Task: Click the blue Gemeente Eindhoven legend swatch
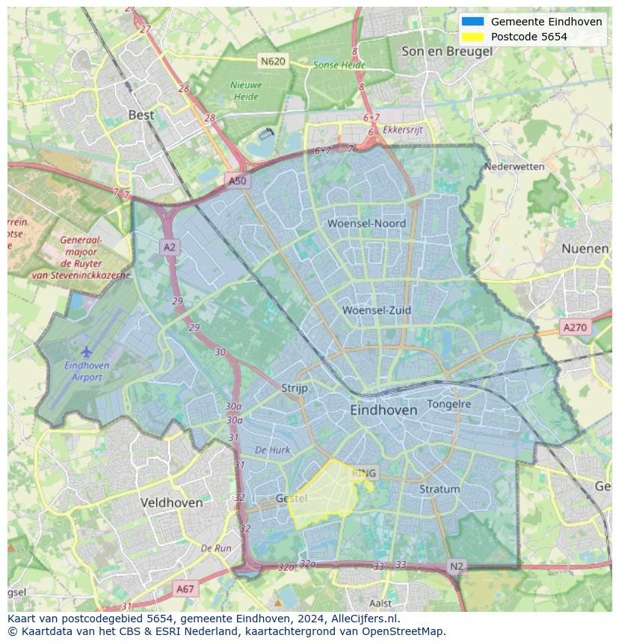click(x=473, y=22)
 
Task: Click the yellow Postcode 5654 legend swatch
click(x=473, y=37)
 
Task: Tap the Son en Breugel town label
click(x=446, y=52)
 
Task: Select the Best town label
click(x=141, y=115)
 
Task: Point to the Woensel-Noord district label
click(x=366, y=224)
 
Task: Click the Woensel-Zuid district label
click(x=377, y=310)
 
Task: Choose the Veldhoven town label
click(x=171, y=503)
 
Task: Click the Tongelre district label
click(x=449, y=404)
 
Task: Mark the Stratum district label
click(x=440, y=489)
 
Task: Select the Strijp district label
click(x=295, y=388)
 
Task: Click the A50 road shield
click(x=236, y=181)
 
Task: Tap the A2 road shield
click(x=170, y=247)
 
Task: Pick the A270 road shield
click(x=575, y=327)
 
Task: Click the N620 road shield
click(x=273, y=61)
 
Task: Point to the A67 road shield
click(x=185, y=589)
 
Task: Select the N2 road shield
click(x=457, y=566)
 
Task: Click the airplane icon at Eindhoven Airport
click(x=87, y=351)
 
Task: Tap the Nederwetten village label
click(x=514, y=167)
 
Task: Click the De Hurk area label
click(x=272, y=450)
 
